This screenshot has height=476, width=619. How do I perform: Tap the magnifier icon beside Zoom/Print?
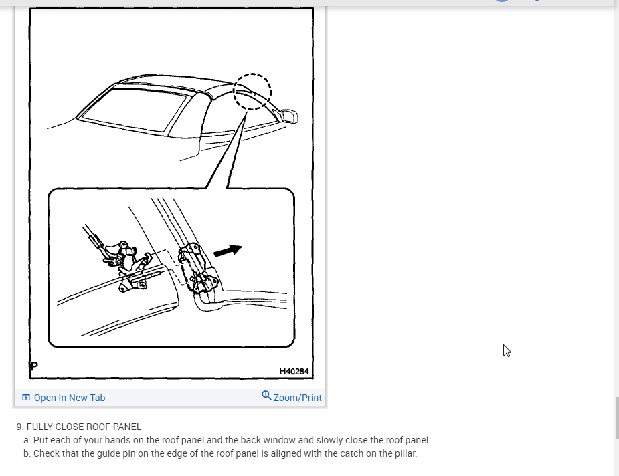[x=266, y=396]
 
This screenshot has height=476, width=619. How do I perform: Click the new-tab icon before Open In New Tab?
[x=26, y=398]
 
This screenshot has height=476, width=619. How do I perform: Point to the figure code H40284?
[x=294, y=371]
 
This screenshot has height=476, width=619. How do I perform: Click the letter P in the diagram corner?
[x=34, y=366]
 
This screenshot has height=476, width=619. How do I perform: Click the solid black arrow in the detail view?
[x=228, y=251]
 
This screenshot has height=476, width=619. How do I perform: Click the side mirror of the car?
[x=288, y=117]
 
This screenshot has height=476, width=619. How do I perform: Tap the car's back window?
[x=135, y=109]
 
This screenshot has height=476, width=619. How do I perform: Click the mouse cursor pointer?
[x=507, y=350]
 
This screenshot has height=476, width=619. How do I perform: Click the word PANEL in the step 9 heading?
[x=127, y=427]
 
